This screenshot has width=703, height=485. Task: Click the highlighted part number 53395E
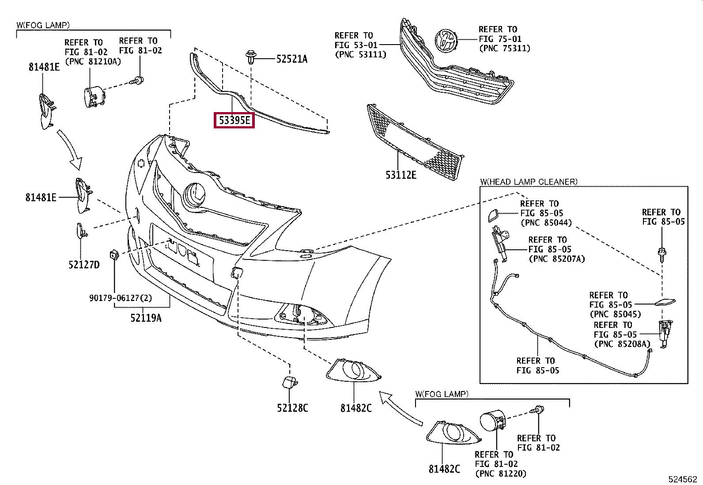234,120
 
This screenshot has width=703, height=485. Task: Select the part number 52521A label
291,59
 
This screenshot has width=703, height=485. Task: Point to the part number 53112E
401,175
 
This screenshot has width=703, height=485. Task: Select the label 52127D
84,265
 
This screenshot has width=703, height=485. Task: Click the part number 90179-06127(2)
120,298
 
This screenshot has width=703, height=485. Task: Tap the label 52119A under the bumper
146,318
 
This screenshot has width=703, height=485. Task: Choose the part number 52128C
292,408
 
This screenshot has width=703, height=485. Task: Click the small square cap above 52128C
289,382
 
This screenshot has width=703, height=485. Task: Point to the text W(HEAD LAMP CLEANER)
529,182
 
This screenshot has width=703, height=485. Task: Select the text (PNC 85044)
546,223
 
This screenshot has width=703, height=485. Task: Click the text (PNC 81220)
501,474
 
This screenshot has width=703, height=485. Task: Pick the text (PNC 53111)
360,54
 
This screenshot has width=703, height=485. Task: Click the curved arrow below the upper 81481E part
71,150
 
